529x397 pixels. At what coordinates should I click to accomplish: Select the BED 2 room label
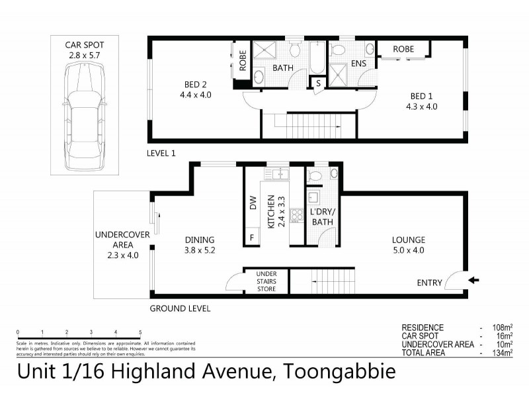tap(196, 89)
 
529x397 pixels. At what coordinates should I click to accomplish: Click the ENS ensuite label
tap(358, 64)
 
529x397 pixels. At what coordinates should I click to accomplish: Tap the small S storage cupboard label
tap(318, 84)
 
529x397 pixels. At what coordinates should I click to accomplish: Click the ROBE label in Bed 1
tap(403, 49)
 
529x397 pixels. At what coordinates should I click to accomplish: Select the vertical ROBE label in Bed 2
tap(243, 62)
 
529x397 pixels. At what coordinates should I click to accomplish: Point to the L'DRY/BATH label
tap(323, 217)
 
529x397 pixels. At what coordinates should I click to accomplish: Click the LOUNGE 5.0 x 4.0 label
tap(408, 245)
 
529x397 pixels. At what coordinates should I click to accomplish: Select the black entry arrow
tap(473, 281)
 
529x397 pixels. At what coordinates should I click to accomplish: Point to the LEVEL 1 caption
tap(161, 153)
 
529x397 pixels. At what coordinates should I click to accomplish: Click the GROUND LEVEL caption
tap(180, 309)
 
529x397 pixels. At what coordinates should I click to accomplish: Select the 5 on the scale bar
tap(140, 332)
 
